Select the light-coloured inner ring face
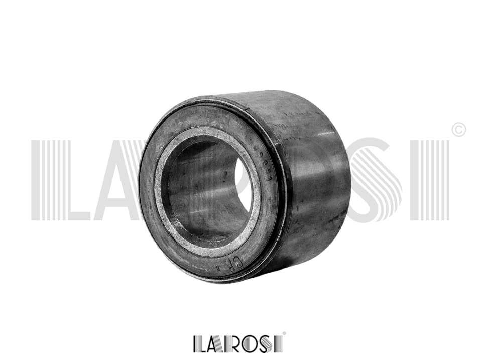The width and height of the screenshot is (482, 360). click(166, 211)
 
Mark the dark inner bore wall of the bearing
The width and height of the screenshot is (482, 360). click(201, 191)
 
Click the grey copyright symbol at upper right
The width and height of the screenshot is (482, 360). click(458, 130)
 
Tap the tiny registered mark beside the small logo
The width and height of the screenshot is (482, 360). click(284, 333)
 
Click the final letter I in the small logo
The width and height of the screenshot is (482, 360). click(280, 344)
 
